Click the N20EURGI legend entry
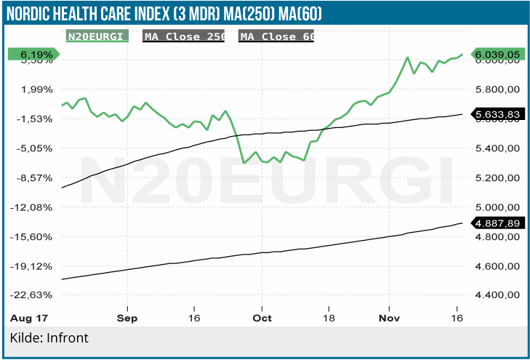(97, 36)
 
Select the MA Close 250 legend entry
(185, 36)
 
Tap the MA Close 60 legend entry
(278, 36)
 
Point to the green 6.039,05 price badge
(497, 54)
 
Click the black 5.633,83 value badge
(497, 114)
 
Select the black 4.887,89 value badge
(497, 223)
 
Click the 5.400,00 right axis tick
(498, 148)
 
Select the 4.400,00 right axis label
(498, 295)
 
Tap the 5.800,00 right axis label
(498, 89)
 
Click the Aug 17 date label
(28, 318)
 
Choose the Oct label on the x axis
(262, 318)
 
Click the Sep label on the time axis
(127, 318)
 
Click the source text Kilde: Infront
(49, 338)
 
